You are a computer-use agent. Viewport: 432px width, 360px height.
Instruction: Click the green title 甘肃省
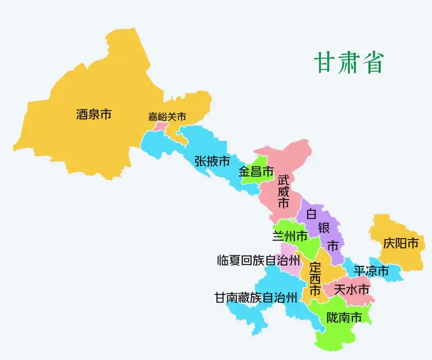coord(348,63)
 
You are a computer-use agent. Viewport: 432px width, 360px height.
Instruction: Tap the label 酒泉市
coord(94,114)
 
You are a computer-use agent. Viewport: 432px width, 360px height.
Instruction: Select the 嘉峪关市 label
coord(167,117)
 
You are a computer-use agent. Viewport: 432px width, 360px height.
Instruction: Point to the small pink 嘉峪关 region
coord(160,126)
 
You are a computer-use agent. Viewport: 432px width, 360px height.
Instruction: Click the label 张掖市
coord(212,161)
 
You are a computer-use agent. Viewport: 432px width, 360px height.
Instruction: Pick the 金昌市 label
coord(256,171)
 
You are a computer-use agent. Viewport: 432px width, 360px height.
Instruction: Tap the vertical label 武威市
coord(283,192)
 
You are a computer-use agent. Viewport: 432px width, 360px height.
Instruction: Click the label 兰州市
coord(290,235)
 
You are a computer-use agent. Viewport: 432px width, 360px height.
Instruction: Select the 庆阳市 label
coord(401,243)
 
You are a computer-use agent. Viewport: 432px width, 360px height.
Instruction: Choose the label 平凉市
coord(371,271)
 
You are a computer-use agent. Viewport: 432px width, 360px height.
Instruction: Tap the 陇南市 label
coord(344,318)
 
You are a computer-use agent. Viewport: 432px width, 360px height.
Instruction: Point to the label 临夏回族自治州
coord(258,260)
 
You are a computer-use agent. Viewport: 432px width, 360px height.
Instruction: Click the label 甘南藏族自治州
coord(255,297)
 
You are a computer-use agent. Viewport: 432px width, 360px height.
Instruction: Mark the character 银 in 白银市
coord(324,228)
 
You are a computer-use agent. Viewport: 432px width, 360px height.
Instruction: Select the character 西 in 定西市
coord(315,278)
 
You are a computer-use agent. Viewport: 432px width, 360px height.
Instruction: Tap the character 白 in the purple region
coord(312,214)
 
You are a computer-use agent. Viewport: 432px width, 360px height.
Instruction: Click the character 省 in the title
coord(373,63)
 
